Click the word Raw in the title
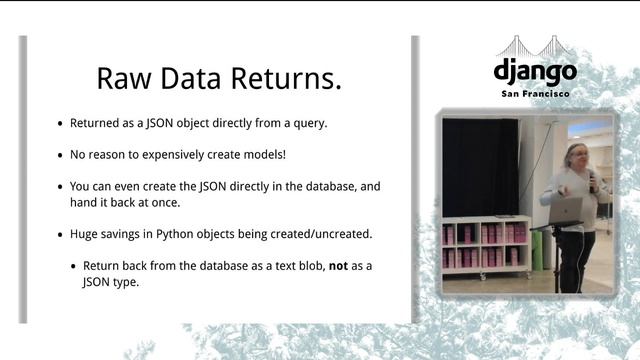(120, 79)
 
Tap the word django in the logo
(535, 72)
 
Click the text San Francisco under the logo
(535, 94)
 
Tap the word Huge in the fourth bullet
(84, 234)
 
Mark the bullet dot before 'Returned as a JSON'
(60, 124)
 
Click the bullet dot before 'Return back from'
(73, 265)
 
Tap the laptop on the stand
(566, 210)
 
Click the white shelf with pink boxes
(485, 244)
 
